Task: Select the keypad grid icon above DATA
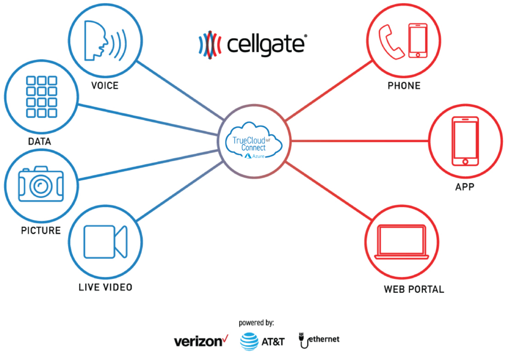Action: tap(41, 97)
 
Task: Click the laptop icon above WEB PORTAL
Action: tap(402, 242)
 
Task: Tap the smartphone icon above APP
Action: tap(465, 141)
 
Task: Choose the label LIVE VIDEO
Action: tap(105, 287)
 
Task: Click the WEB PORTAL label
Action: tap(414, 289)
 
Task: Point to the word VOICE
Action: tap(105, 86)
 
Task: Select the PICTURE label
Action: tap(41, 230)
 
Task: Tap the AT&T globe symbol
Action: tap(250, 341)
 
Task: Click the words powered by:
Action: tap(256, 323)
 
